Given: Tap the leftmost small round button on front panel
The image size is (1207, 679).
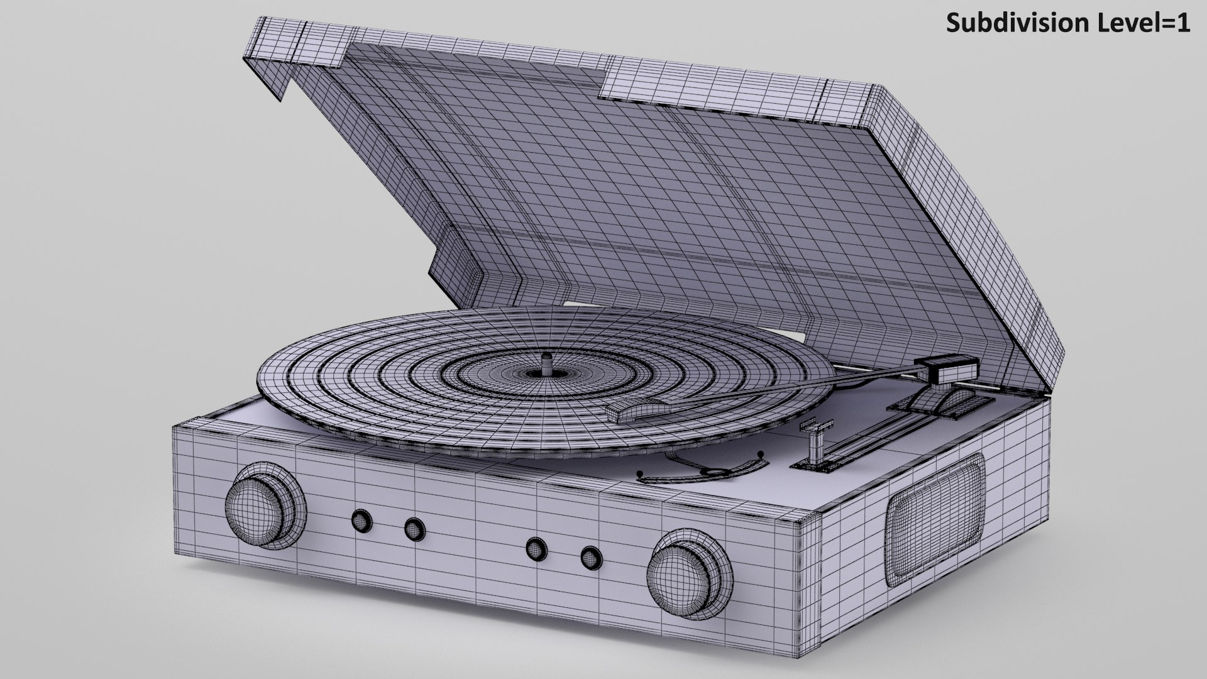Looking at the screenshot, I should click(360, 521).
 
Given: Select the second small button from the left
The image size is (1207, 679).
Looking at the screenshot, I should click(414, 530).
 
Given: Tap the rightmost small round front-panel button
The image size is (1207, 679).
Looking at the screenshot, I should click(590, 557).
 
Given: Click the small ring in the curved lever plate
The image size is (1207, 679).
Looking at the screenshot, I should click(713, 471).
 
